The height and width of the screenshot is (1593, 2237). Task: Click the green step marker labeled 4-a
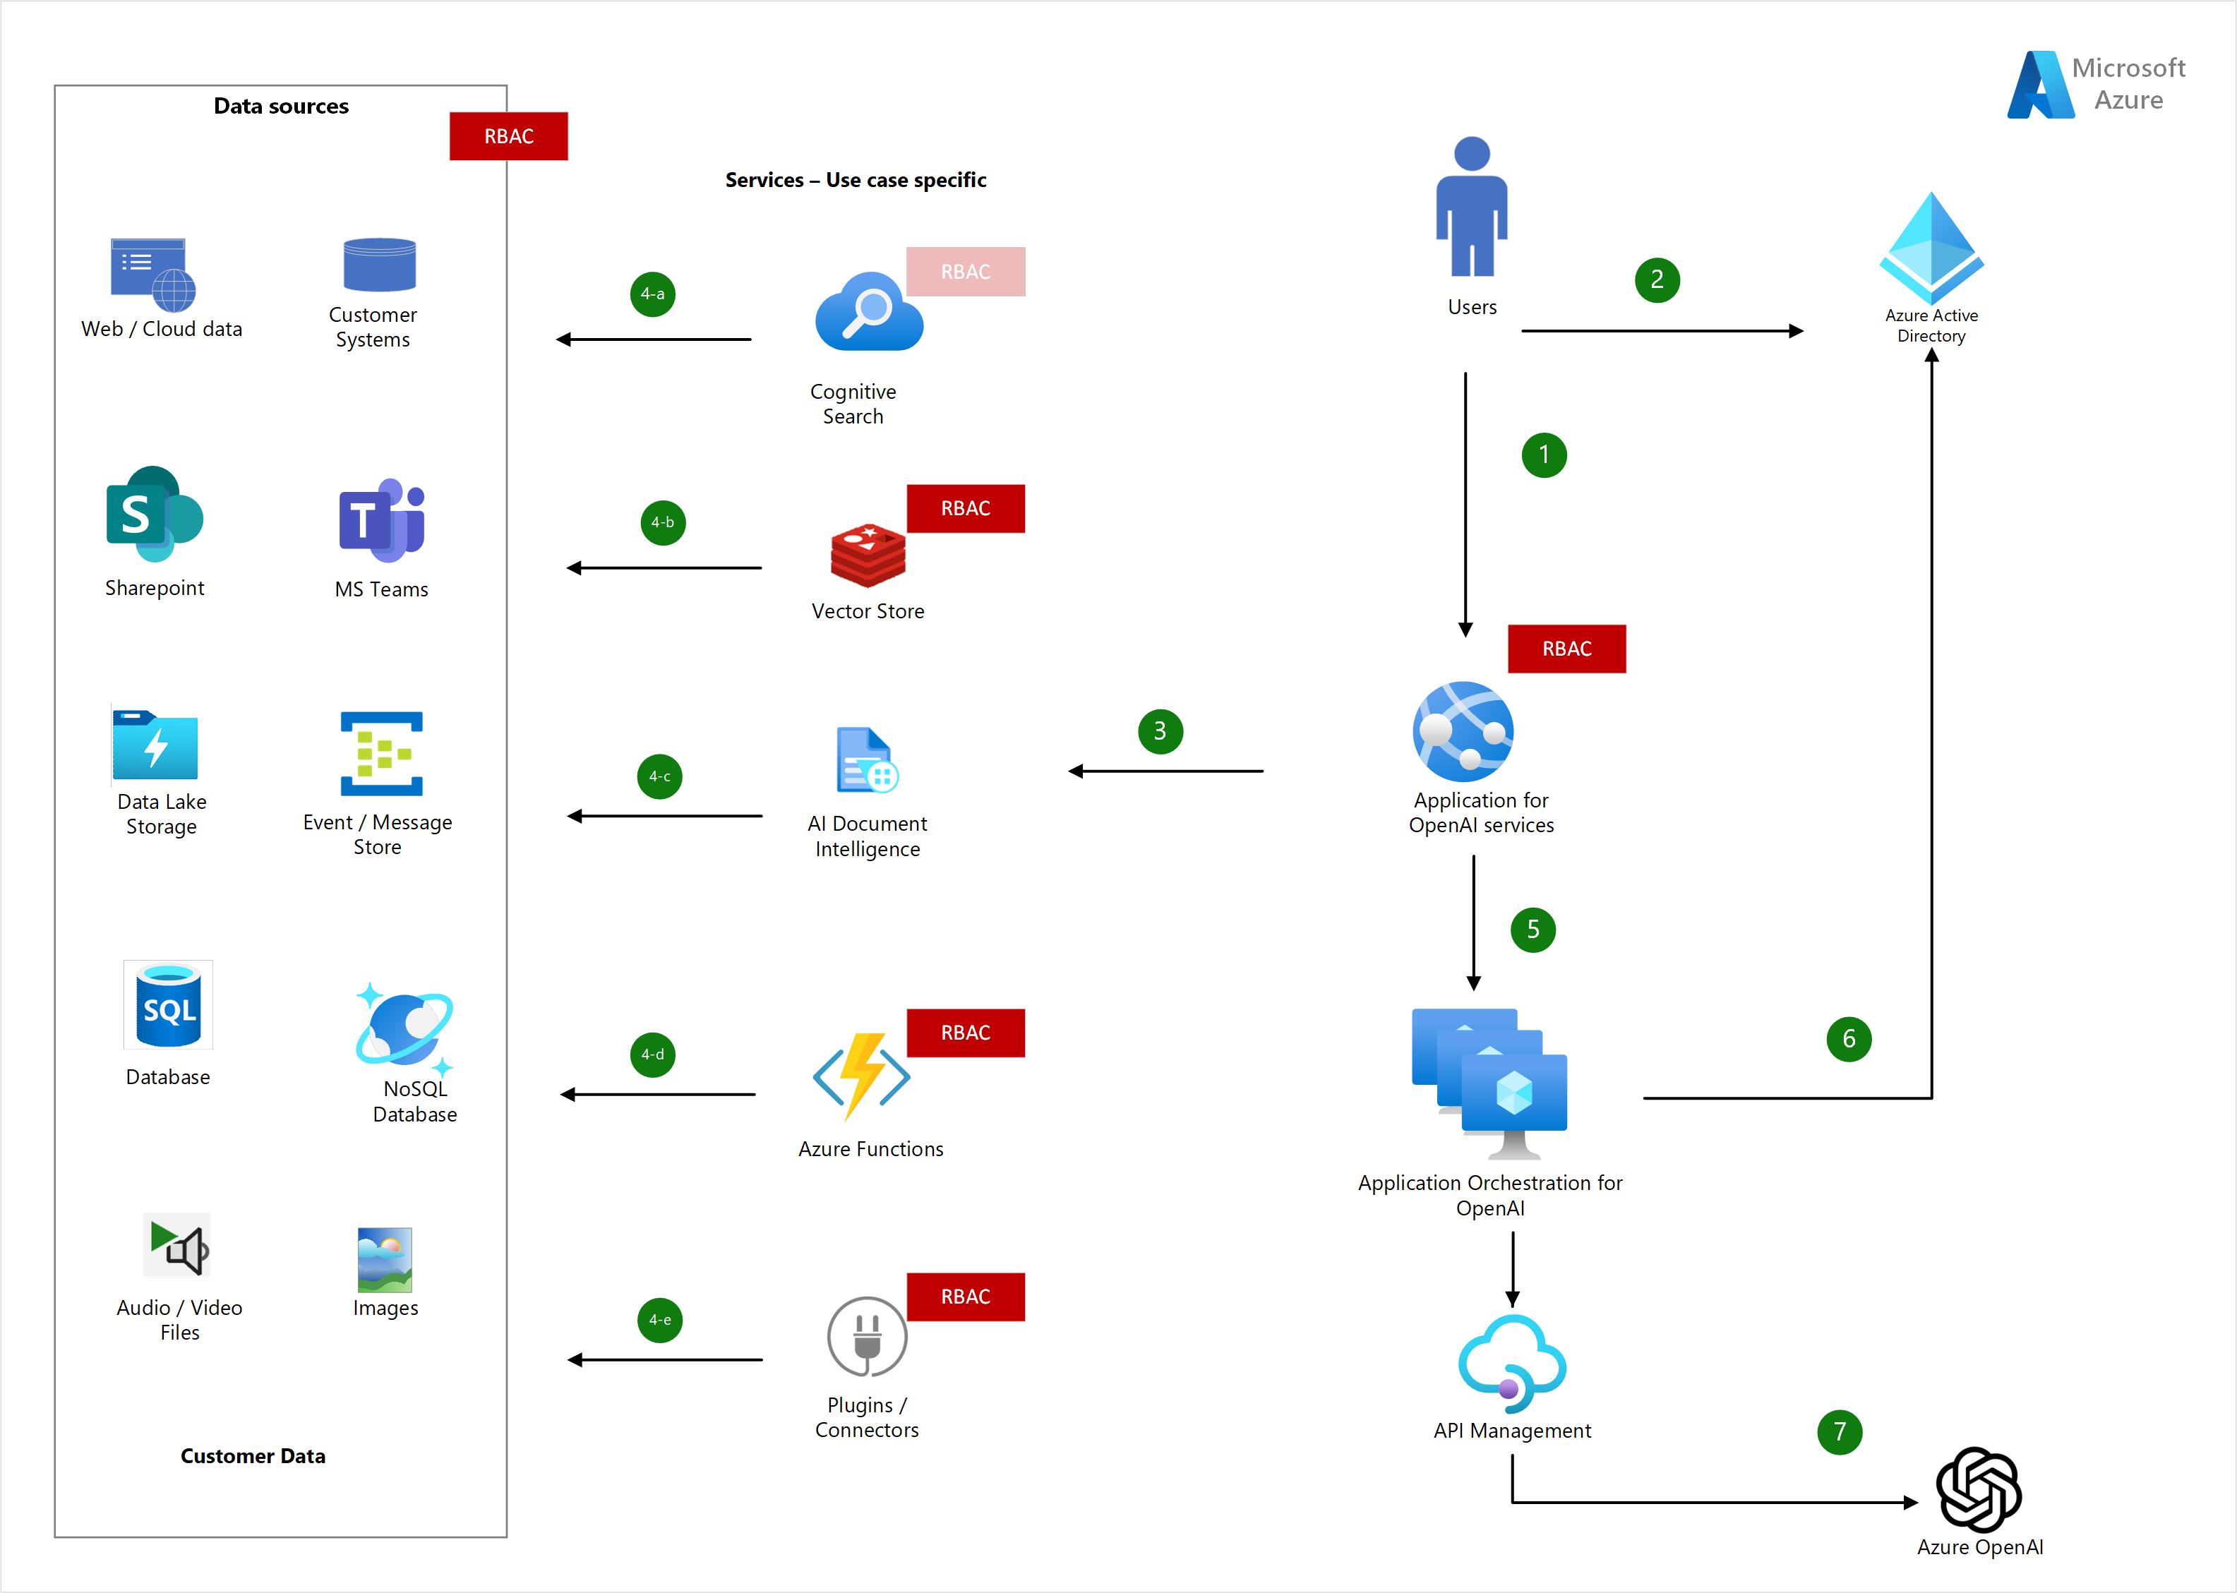tap(652, 294)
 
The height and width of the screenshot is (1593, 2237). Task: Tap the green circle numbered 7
tap(1839, 1432)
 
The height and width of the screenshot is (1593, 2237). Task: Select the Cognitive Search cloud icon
tap(868, 313)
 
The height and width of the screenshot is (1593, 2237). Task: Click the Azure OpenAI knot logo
tap(1978, 1489)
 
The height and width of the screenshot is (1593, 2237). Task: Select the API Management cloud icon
tap(1512, 1359)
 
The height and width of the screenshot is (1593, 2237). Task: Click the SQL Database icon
tap(168, 1006)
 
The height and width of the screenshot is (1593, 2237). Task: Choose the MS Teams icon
tap(382, 520)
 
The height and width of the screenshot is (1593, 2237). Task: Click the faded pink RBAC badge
tap(966, 272)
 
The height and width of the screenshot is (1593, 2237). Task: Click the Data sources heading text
tap(282, 106)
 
